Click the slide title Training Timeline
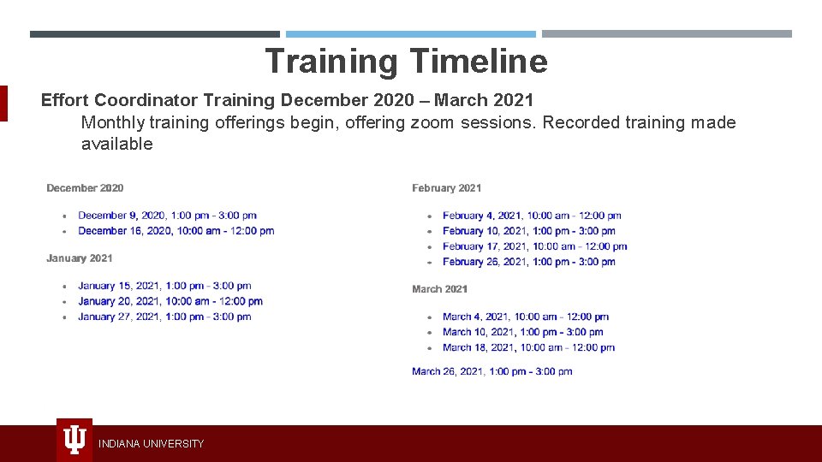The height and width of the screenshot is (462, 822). tap(406, 62)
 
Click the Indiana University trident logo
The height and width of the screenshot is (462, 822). tap(74, 440)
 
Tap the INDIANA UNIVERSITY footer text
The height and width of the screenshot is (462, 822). tap(151, 443)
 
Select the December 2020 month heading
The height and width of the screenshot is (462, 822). tap(85, 188)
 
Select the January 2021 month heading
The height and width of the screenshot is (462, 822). tap(80, 258)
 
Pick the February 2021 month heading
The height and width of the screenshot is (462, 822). tap(446, 188)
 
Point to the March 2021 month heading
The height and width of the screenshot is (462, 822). tap(439, 289)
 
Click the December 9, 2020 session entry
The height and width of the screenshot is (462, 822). tap(167, 216)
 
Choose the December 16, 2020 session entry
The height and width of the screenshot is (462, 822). tap(176, 231)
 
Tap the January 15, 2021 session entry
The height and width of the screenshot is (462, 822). tap(164, 286)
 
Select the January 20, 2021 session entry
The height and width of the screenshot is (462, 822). tap(170, 301)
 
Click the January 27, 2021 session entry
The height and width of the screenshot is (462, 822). tap(164, 317)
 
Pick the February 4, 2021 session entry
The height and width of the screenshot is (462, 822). tap(532, 216)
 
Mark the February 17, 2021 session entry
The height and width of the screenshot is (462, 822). tap(534, 246)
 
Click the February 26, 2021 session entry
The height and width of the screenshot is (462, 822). tap(528, 262)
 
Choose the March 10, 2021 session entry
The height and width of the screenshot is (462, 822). tap(522, 332)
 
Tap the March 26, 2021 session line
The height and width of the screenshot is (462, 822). tap(491, 371)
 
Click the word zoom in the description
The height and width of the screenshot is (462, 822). tap(432, 122)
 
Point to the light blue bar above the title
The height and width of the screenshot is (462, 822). tap(410, 34)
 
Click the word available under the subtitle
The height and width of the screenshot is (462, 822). tap(116, 144)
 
